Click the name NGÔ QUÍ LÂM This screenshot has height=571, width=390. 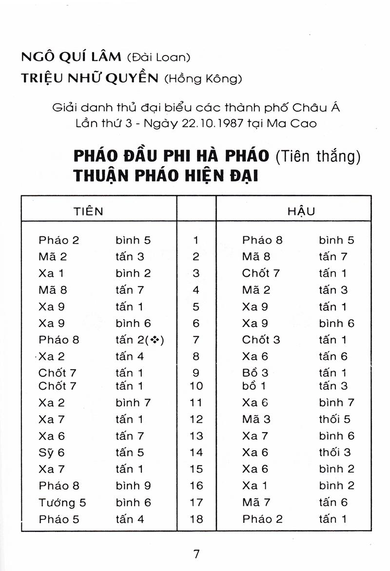point(71,57)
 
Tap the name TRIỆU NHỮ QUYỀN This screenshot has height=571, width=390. point(90,79)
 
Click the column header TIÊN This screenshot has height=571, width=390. point(88,211)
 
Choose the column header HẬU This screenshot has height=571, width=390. point(301,211)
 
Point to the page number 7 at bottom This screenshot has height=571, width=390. point(196,553)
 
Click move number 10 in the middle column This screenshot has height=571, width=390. point(196,386)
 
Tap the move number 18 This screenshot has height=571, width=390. point(196,519)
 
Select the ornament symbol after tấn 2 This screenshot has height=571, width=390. point(156,341)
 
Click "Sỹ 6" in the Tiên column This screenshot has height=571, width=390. point(51,453)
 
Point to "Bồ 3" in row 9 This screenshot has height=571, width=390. point(255,373)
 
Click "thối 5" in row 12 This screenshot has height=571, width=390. point(334,419)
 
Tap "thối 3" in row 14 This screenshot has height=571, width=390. point(334,453)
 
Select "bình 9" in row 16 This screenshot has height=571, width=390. point(133,486)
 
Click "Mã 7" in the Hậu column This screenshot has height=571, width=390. point(256,502)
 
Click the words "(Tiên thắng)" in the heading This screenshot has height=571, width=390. point(320,156)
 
